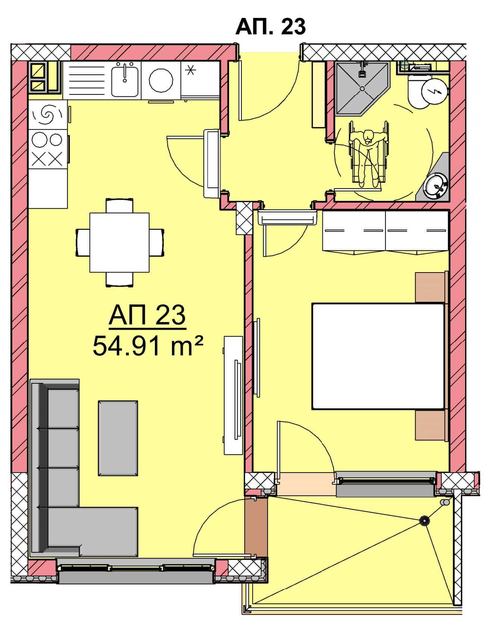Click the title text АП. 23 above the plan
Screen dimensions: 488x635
[270, 27]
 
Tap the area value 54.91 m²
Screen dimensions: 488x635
[148, 346]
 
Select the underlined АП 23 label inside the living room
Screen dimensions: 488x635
[147, 315]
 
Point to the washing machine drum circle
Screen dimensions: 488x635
[161, 80]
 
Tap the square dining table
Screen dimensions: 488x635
[119, 242]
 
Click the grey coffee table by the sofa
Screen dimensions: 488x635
[118, 438]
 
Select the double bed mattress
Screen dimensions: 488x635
[378, 356]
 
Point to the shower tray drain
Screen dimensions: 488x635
[361, 88]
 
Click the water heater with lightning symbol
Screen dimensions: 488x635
[434, 91]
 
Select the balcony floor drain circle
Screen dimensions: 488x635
[424, 520]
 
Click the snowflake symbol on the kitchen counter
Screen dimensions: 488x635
[191, 70]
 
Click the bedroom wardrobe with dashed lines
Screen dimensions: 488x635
[385, 230]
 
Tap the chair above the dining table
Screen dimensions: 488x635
[119, 206]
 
